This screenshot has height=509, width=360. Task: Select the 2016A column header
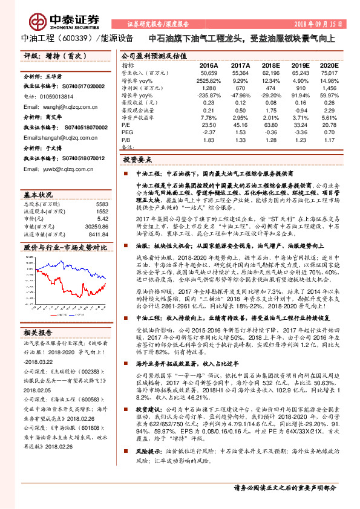point(208,65)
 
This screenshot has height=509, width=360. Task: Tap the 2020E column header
point(328,65)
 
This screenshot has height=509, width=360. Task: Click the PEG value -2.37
point(209,132)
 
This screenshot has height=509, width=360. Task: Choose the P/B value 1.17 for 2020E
point(329,140)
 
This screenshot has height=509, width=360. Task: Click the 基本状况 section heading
point(38,196)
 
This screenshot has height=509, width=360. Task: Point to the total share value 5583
point(102,204)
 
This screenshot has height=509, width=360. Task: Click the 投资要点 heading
point(137,161)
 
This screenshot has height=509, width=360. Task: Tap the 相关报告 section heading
point(38,332)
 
